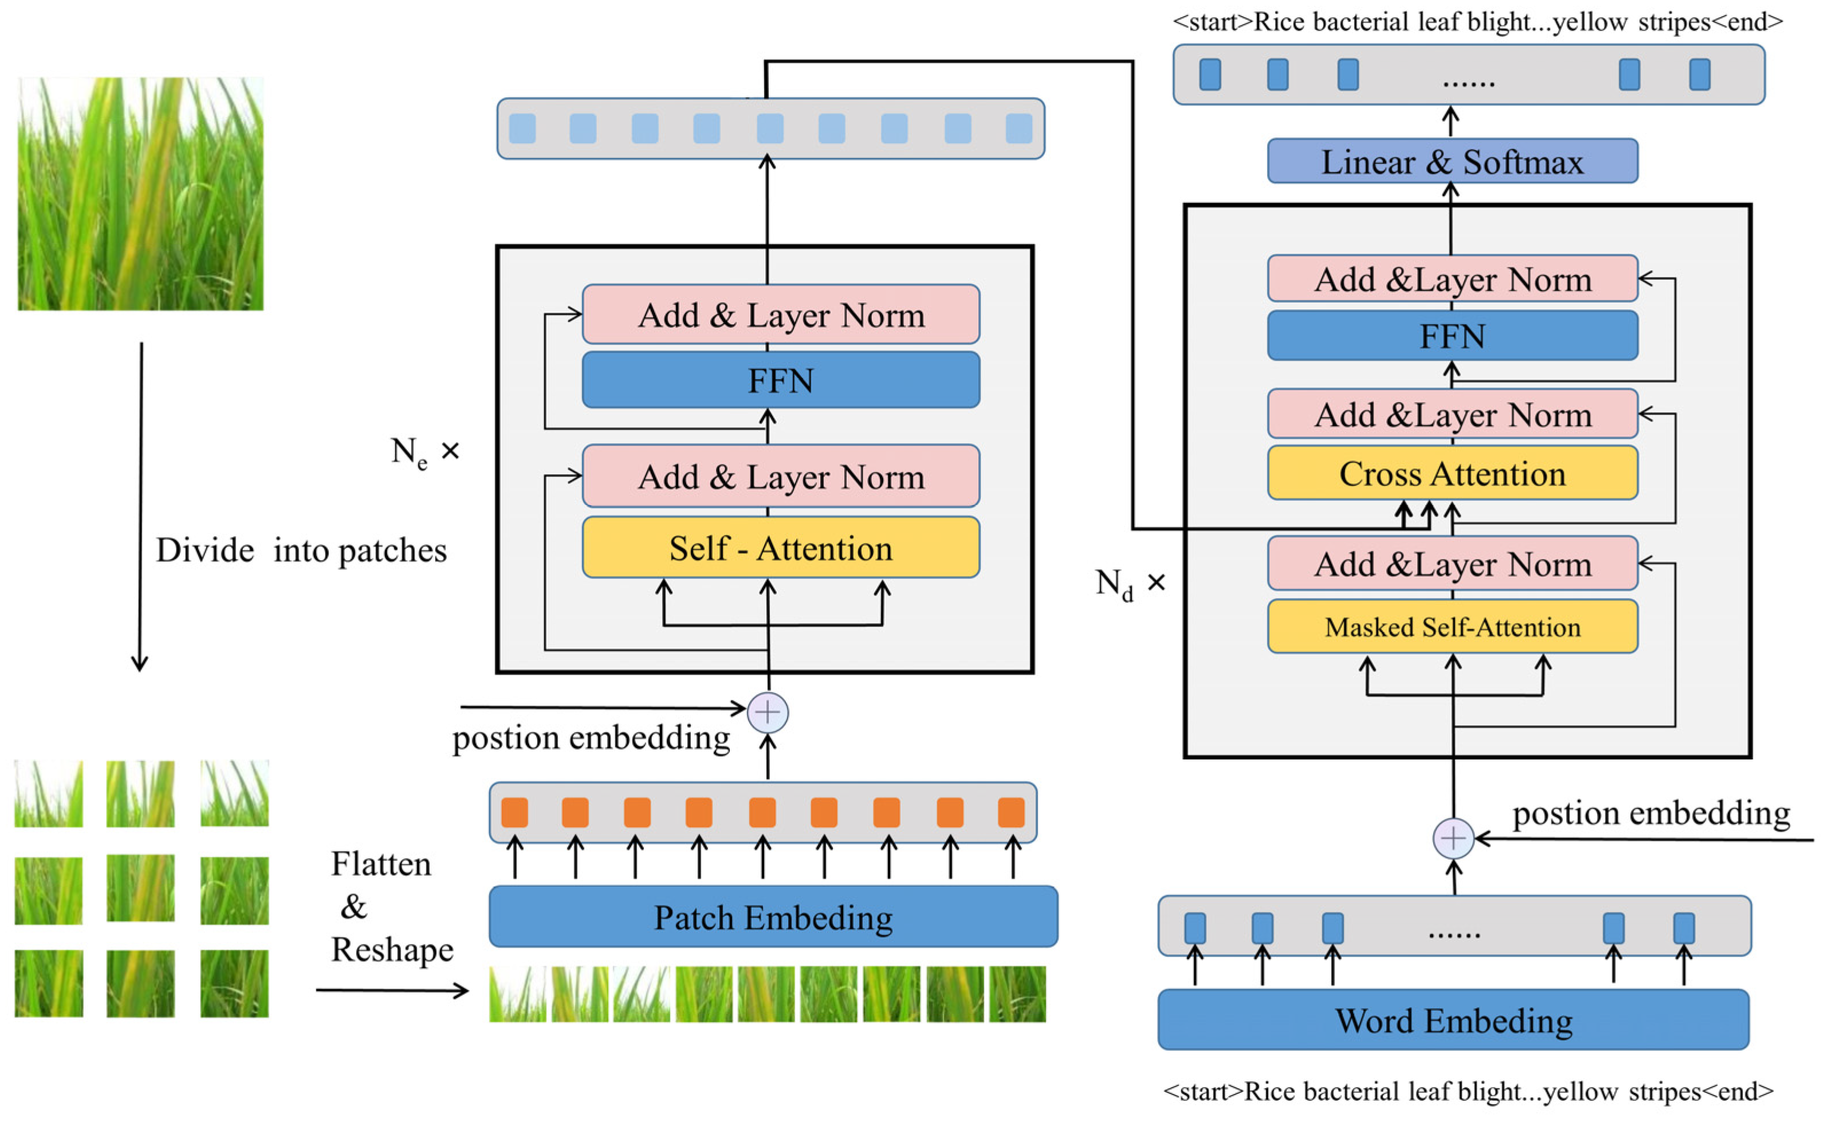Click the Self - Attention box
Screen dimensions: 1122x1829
click(780, 548)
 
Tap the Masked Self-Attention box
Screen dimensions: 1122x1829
click(1452, 627)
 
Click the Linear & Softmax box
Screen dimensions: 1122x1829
click(1452, 161)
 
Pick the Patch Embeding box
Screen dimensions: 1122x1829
click(773, 917)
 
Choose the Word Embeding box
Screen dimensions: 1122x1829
click(1453, 1019)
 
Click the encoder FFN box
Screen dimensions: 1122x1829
click(780, 380)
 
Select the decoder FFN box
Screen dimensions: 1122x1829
click(1452, 336)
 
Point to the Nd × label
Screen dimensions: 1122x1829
click(1129, 584)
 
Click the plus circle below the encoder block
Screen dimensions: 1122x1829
click(768, 712)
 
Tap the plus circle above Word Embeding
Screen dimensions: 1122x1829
click(1453, 838)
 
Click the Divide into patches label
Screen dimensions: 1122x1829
click(301, 550)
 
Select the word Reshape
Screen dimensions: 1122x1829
click(392, 950)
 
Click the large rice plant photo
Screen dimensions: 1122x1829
click(140, 194)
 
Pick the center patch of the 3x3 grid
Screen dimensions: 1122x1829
click(140, 888)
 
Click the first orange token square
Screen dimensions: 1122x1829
click(514, 813)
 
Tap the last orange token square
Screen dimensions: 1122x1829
click(1011, 813)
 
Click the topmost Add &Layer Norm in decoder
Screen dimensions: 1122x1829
click(1452, 279)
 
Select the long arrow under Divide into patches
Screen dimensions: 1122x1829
click(140, 505)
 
